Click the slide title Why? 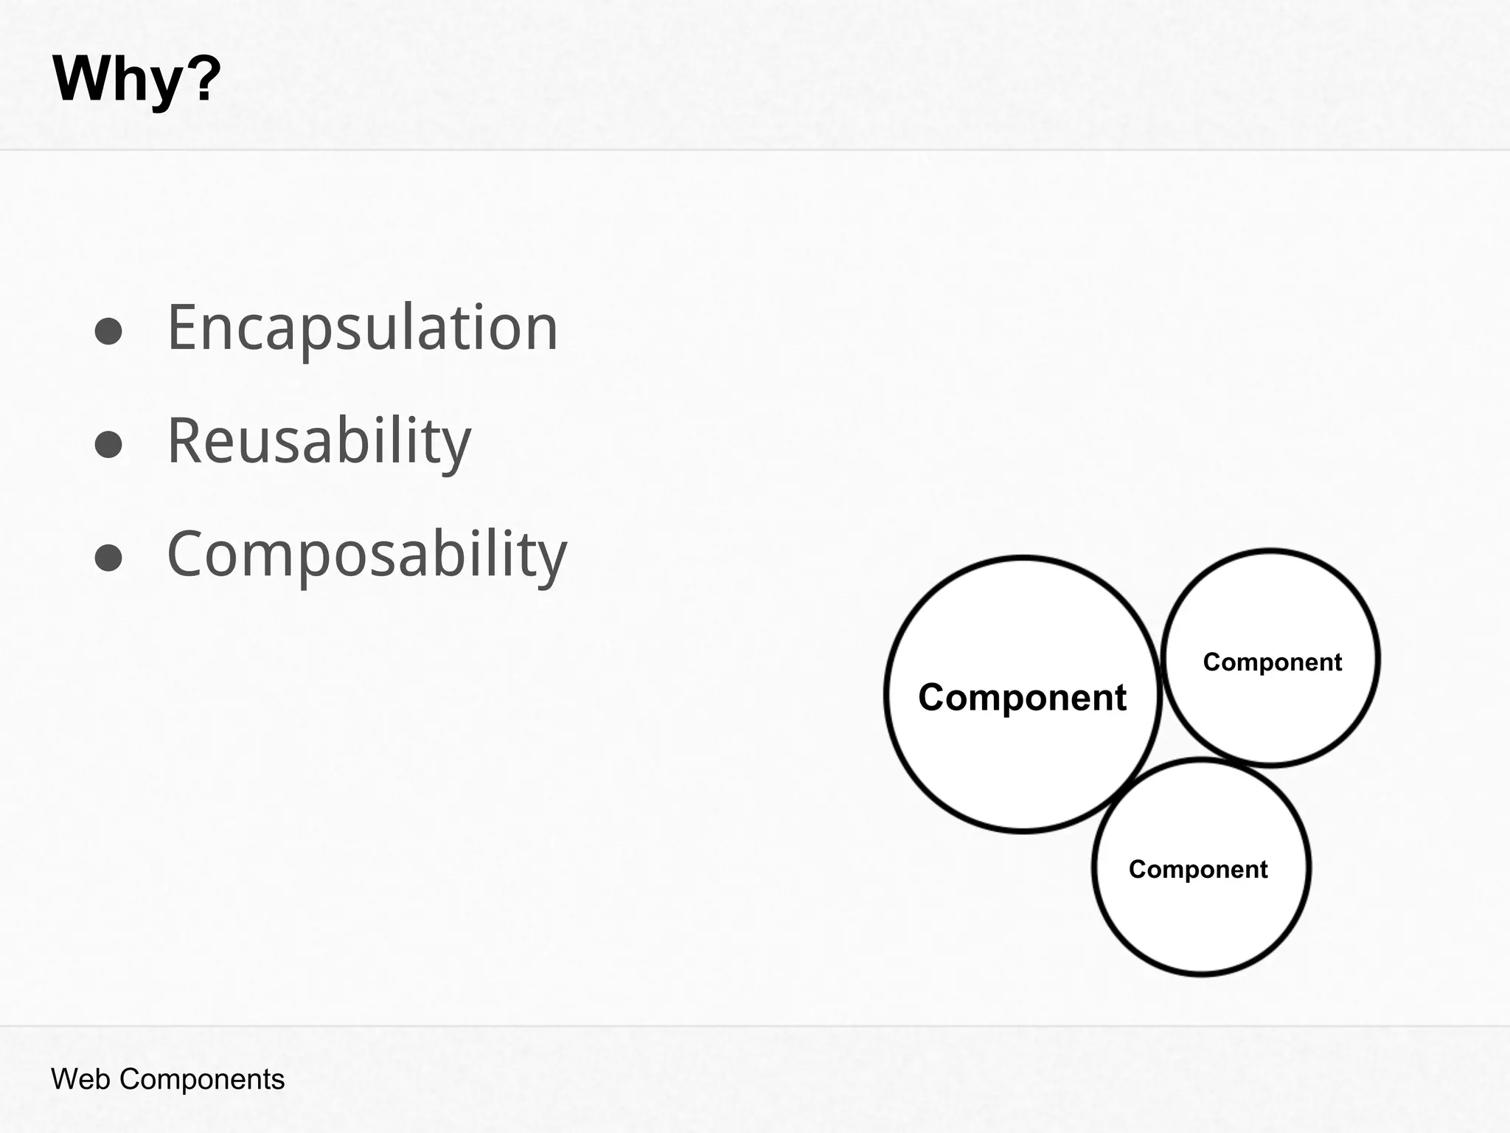pyautogui.click(x=136, y=79)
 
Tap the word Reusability pyautogui.click(x=319, y=440)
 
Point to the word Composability pyautogui.click(x=367, y=554)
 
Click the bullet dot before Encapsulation pyautogui.click(x=108, y=331)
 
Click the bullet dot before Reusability pyautogui.click(x=108, y=445)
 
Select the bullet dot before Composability pyautogui.click(x=108, y=558)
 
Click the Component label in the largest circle pyautogui.click(x=1022, y=697)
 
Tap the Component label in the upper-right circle pyautogui.click(x=1272, y=662)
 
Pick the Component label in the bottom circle pyautogui.click(x=1197, y=869)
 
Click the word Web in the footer pyautogui.click(x=81, y=1079)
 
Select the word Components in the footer pyautogui.click(x=201, y=1079)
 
